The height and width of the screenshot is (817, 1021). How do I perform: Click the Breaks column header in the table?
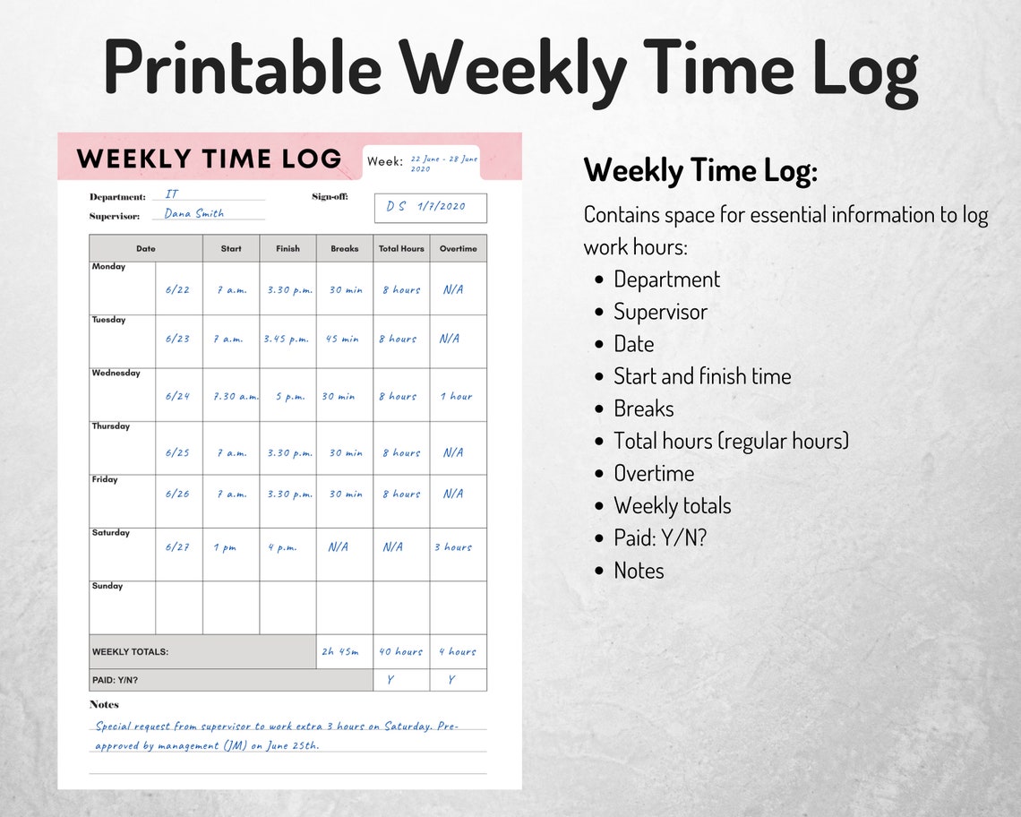tap(344, 249)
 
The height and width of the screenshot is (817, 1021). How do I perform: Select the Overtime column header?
tap(458, 249)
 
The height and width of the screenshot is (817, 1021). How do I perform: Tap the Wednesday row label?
tap(116, 373)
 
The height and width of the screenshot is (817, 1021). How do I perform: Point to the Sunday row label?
tap(107, 586)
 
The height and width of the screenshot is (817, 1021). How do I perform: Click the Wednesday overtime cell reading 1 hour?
tap(456, 396)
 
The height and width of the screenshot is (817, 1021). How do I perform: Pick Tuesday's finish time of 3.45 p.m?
tap(287, 340)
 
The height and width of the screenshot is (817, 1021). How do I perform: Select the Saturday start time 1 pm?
tap(225, 547)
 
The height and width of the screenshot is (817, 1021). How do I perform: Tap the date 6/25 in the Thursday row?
tap(177, 453)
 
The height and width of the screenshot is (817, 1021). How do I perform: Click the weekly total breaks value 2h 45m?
tap(340, 652)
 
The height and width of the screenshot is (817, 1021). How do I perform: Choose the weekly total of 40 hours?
tap(400, 652)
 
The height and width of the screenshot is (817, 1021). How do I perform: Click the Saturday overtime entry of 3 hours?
tap(453, 547)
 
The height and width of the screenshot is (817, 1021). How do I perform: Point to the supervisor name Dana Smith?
tap(194, 214)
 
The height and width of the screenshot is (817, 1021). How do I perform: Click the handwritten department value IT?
tap(172, 194)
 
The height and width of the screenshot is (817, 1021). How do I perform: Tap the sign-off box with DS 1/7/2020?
tap(430, 207)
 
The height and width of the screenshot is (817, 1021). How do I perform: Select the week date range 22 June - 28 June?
tap(443, 163)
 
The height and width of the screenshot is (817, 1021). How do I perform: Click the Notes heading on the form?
tap(104, 704)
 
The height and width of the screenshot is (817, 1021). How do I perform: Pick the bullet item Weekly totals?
tap(672, 506)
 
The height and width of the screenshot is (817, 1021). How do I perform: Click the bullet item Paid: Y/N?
tap(660, 538)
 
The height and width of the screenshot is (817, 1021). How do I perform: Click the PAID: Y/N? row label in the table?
tap(116, 680)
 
